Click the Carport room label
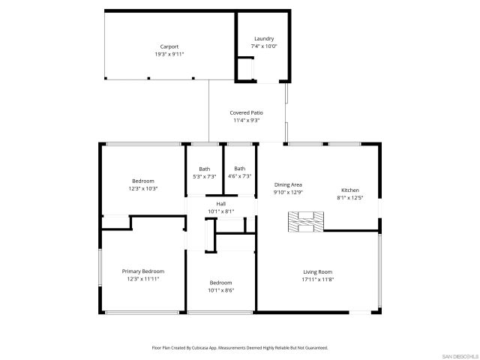pos(169,46)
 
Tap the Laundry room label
pos(263,38)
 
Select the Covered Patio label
pos(246,112)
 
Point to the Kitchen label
pos(350,190)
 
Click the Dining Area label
pos(288,184)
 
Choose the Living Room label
pos(317,272)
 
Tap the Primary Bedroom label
pos(143,271)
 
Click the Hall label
pos(221,204)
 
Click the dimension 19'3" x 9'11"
pos(169,54)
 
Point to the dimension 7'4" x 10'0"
pos(263,46)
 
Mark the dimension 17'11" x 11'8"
pos(317,280)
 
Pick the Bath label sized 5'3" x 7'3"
pos(205,169)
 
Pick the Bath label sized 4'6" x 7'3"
pos(240,169)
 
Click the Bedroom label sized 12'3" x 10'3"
pos(143,181)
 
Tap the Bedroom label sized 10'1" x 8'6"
pos(220,283)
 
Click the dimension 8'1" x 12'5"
pos(350,198)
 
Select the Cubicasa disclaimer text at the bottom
pos(240,348)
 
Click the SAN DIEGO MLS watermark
pos(460,355)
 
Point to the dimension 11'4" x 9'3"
pos(246,120)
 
